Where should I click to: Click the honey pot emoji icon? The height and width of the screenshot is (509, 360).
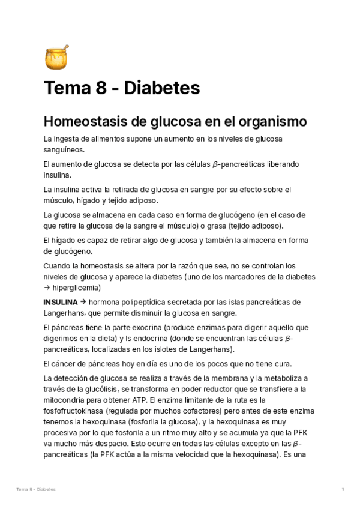pyautogui.click(x=56, y=56)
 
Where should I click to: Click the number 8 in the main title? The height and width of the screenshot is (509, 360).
pyautogui.click(x=101, y=89)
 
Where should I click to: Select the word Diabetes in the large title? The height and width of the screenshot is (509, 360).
pyautogui.click(x=163, y=89)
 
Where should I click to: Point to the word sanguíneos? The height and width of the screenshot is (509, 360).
pyautogui.click(x=64, y=149)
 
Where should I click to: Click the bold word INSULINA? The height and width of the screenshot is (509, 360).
pyautogui.click(x=61, y=301)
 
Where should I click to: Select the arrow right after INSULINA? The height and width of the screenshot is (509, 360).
pyautogui.click(x=83, y=301)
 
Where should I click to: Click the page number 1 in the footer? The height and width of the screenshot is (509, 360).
pyautogui.click(x=342, y=490)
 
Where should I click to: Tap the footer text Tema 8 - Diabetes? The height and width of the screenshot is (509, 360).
pyautogui.click(x=36, y=490)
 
